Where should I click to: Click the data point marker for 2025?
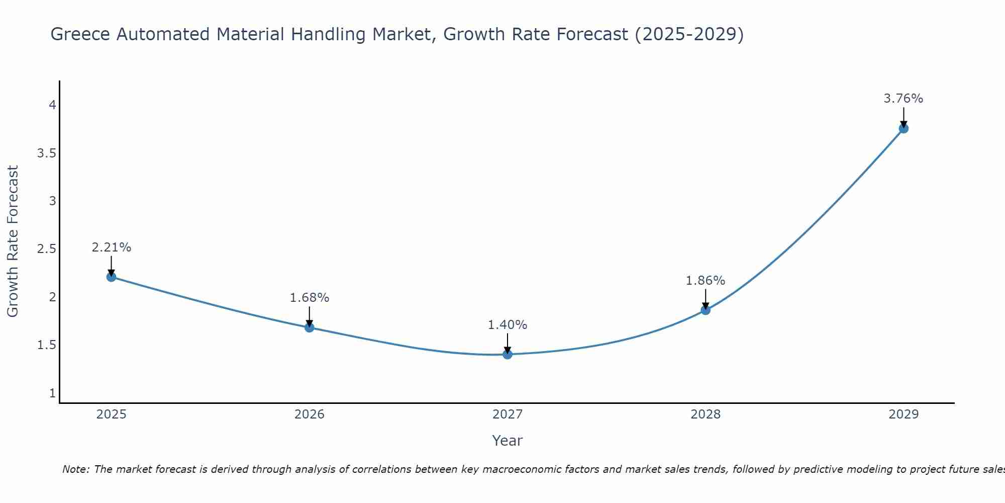coord(112,277)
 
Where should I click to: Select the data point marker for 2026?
coord(310,327)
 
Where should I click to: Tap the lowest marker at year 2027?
coord(508,354)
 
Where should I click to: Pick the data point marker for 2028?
coord(706,310)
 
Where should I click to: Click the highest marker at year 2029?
coord(903,128)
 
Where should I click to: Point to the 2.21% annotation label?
coord(112,247)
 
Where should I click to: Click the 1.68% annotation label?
coord(310,298)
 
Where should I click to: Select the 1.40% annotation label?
coord(508,325)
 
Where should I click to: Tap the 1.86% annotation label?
coord(706,281)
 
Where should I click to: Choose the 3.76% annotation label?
coord(903,99)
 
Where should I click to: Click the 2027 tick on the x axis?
coord(508,414)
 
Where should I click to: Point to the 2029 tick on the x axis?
coord(903,414)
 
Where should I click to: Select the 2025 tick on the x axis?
coord(112,414)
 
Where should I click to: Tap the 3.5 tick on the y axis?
coord(47,153)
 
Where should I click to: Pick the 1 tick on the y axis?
coord(52,393)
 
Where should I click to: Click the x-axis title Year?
coord(508,441)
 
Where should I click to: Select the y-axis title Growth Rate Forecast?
coord(13,241)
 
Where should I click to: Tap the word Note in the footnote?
coord(75,469)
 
